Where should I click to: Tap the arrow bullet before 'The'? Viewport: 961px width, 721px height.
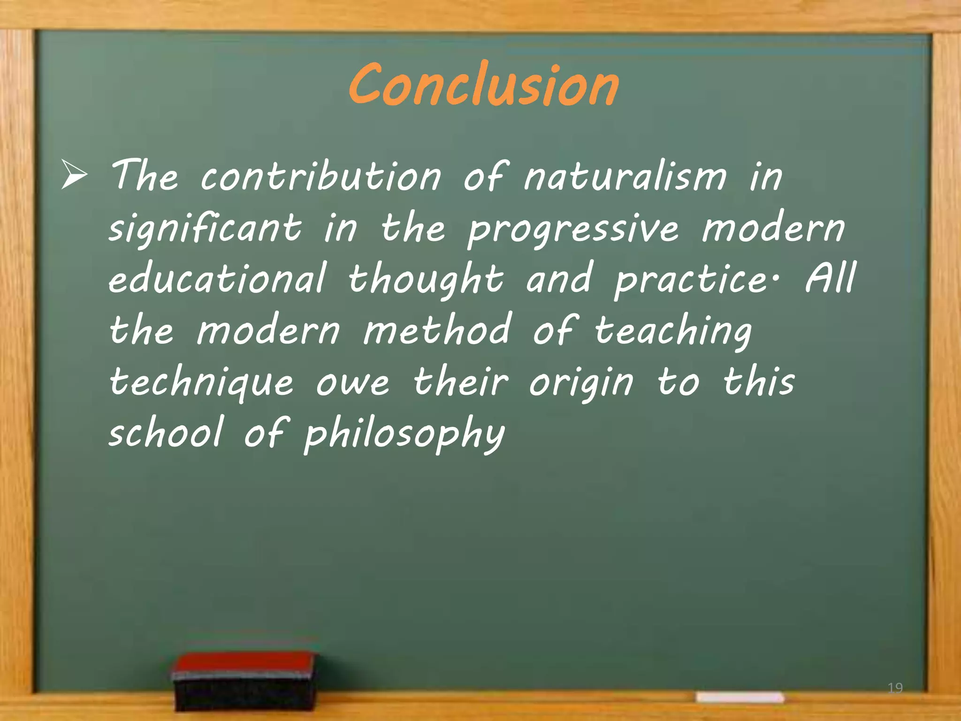tap(74, 175)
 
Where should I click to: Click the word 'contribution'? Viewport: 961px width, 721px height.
tap(321, 177)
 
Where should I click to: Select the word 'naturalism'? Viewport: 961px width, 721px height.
tap(625, 177)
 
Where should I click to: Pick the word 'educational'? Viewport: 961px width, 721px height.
tap(217, 279)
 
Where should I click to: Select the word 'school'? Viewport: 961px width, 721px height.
tap(166, 433)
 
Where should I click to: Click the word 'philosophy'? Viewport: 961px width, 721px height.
tap(404, 435)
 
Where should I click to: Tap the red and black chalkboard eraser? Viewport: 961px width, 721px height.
tap(244, 680)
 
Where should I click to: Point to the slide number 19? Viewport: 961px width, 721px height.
tap(895, 688)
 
